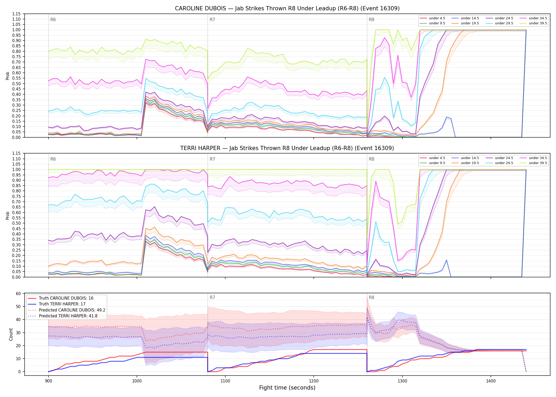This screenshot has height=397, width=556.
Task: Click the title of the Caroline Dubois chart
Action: coord(287,8)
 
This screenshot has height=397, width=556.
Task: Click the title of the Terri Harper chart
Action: coord(287,148)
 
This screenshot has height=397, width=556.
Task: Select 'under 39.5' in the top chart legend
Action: coord(538,23)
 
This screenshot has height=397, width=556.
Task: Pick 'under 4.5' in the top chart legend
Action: coord(437,18)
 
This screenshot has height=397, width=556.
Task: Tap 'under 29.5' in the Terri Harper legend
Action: coord(504,163)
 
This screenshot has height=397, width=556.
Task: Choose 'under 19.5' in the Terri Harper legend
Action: coord(470,163)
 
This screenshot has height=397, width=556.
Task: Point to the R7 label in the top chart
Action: coord(212,20)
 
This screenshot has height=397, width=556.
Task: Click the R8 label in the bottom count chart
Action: coord(371,297)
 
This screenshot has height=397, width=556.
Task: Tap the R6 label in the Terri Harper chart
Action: coord(53,159)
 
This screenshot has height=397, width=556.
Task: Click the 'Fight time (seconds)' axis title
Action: coord(287,388)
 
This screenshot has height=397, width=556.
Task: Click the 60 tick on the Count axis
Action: coord(18,294)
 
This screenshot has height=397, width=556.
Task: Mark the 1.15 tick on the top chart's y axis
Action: coord(16,14)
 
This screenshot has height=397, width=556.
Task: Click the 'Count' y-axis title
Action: coord(11,334)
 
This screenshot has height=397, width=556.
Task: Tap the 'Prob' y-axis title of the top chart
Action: coord(8,76)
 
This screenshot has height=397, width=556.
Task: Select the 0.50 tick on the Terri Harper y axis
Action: coord(16,223)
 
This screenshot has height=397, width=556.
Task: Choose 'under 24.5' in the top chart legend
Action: coord(504,18)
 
